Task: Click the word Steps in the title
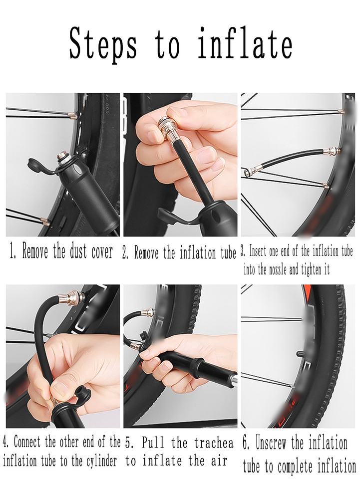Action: (103, 44)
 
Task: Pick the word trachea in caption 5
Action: (214, 443)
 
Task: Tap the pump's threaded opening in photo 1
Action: (62, 159)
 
